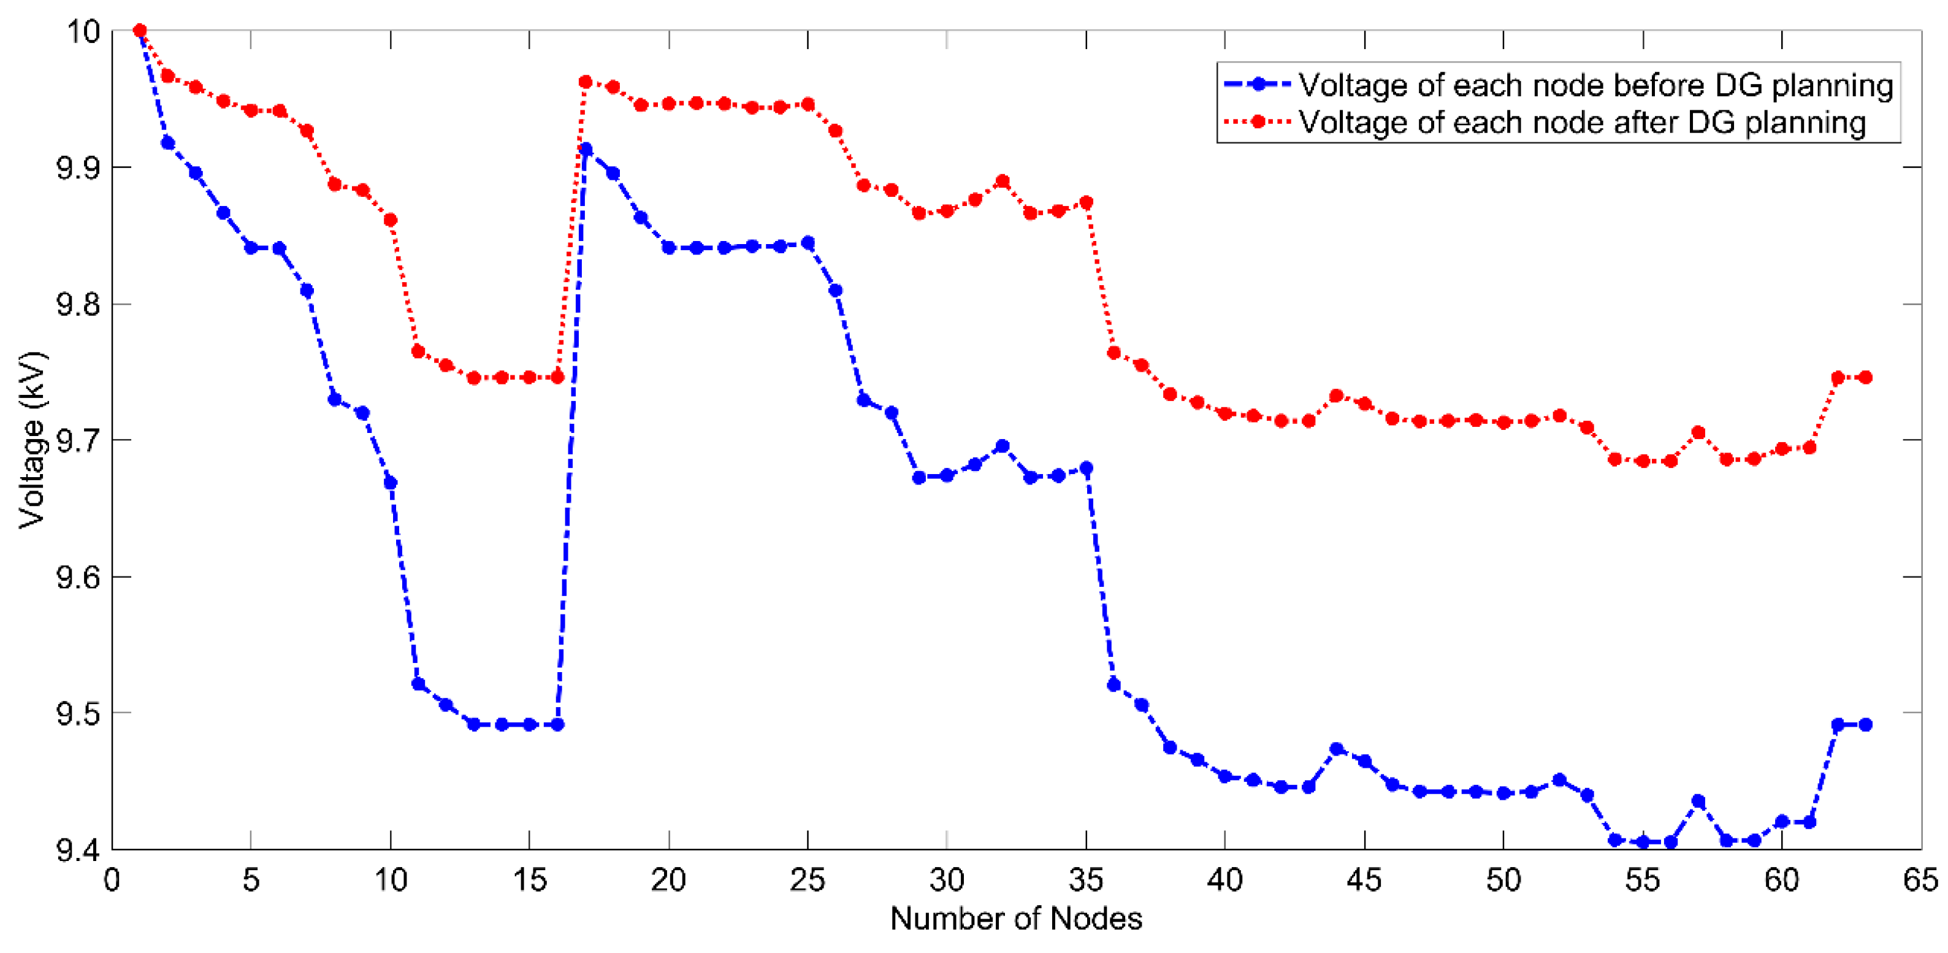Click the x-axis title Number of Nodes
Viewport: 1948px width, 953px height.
pyautogui.click(x=1015, y=919)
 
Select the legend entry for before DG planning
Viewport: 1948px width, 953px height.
pyautogui.click(x=1595, y=85)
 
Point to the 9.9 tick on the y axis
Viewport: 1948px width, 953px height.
pyautogui.click(x=78, y=168)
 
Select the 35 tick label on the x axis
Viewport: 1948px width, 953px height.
pyautogui.click(x=1086, y=881)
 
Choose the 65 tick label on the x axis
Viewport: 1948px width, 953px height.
pyautogui.click(x=1921, y=881)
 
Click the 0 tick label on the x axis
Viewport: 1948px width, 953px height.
pyautogui.click(x=112, y=881)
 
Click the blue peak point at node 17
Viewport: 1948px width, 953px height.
pyautogui.click(x=586, y=150)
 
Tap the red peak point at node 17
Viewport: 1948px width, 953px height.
pyautogui.click(x=586, y=82)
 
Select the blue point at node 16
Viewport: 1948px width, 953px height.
pyautogui.click(x=557, y=725)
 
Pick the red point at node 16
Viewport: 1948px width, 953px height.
pyautogui.click(x=557, y=377)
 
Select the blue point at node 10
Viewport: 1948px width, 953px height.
pyautogui.click(x=390, y=483)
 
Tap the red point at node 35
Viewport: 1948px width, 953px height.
pyautogui.click(x=1087, y=203)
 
